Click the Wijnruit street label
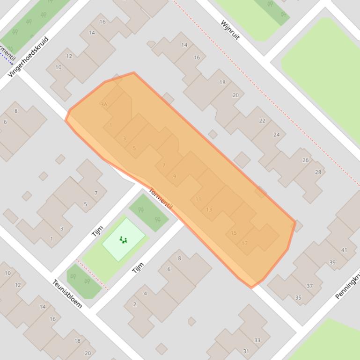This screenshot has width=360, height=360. pyautogui.click(x=230, y=30)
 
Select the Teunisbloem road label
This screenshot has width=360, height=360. pyautogui.click(x=67, y=294)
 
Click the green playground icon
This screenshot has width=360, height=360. pyautogui.click(x=123, y=240)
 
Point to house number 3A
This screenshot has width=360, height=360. pyautogui.click(x=104, y=104)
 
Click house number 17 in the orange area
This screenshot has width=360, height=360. pyautogui.click(x=244, y=243)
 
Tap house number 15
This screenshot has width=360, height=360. pyautogui.click(x=234, y=232)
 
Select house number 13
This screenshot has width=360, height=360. pyautogui.click(x=209, y=209)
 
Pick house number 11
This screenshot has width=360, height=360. pyautogui.click(x=198, y=199)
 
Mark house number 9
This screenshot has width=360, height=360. pyautogui.click(x=175, y=176)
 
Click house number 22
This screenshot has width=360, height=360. pyautogui.click(x=262, y=121)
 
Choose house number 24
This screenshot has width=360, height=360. pyautogui.click(x=276, y=135)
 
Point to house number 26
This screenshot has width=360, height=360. pyautogui.click(x=306, y=160)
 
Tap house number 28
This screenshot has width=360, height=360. pyautogui.click(x=318, y=172)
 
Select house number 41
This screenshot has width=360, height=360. pyautogui.click(x=344, y=250)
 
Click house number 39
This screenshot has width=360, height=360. pyautogui.click(x=332, y=262)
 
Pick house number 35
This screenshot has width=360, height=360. pyautogui.click(x=298, y=297)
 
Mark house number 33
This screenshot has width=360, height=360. pyautogui.click(x=257, y=340)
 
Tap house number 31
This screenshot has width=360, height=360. pyautogui.click(x=246, y=351)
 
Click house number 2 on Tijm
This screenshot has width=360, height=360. pyautogui.click(x=135, y=304)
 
